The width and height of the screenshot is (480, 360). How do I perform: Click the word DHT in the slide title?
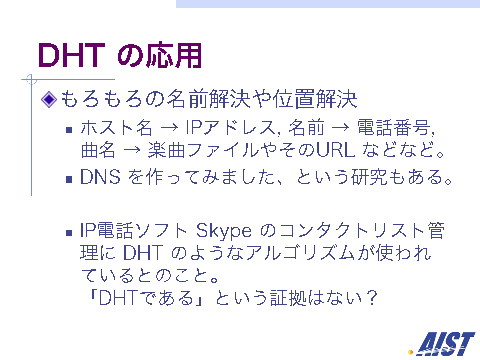coord(72,55)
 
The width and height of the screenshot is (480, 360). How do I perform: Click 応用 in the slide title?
coord(174,55)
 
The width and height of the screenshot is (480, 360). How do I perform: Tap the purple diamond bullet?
coord(49,99)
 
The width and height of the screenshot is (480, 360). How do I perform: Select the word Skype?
coord(224,231)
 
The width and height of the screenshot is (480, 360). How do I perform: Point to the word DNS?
coord(100,177)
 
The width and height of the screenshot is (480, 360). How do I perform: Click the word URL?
coord(336,150)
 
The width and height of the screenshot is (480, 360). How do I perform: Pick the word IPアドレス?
coord(230,127)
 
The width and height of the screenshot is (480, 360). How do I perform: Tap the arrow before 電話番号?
coord(340,128)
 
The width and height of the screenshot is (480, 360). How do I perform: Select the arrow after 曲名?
coord(132,150)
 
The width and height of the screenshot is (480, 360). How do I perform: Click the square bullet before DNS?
coord(69,179)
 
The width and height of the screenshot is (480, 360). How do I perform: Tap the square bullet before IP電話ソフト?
coord(69,233)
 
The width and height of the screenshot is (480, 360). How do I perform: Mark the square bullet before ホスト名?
coord(69,130)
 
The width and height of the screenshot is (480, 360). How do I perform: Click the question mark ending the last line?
coord(371,297)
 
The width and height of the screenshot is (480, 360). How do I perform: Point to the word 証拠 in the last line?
coord(288,298)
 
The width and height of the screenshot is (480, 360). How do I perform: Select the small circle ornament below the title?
coord(31,79)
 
